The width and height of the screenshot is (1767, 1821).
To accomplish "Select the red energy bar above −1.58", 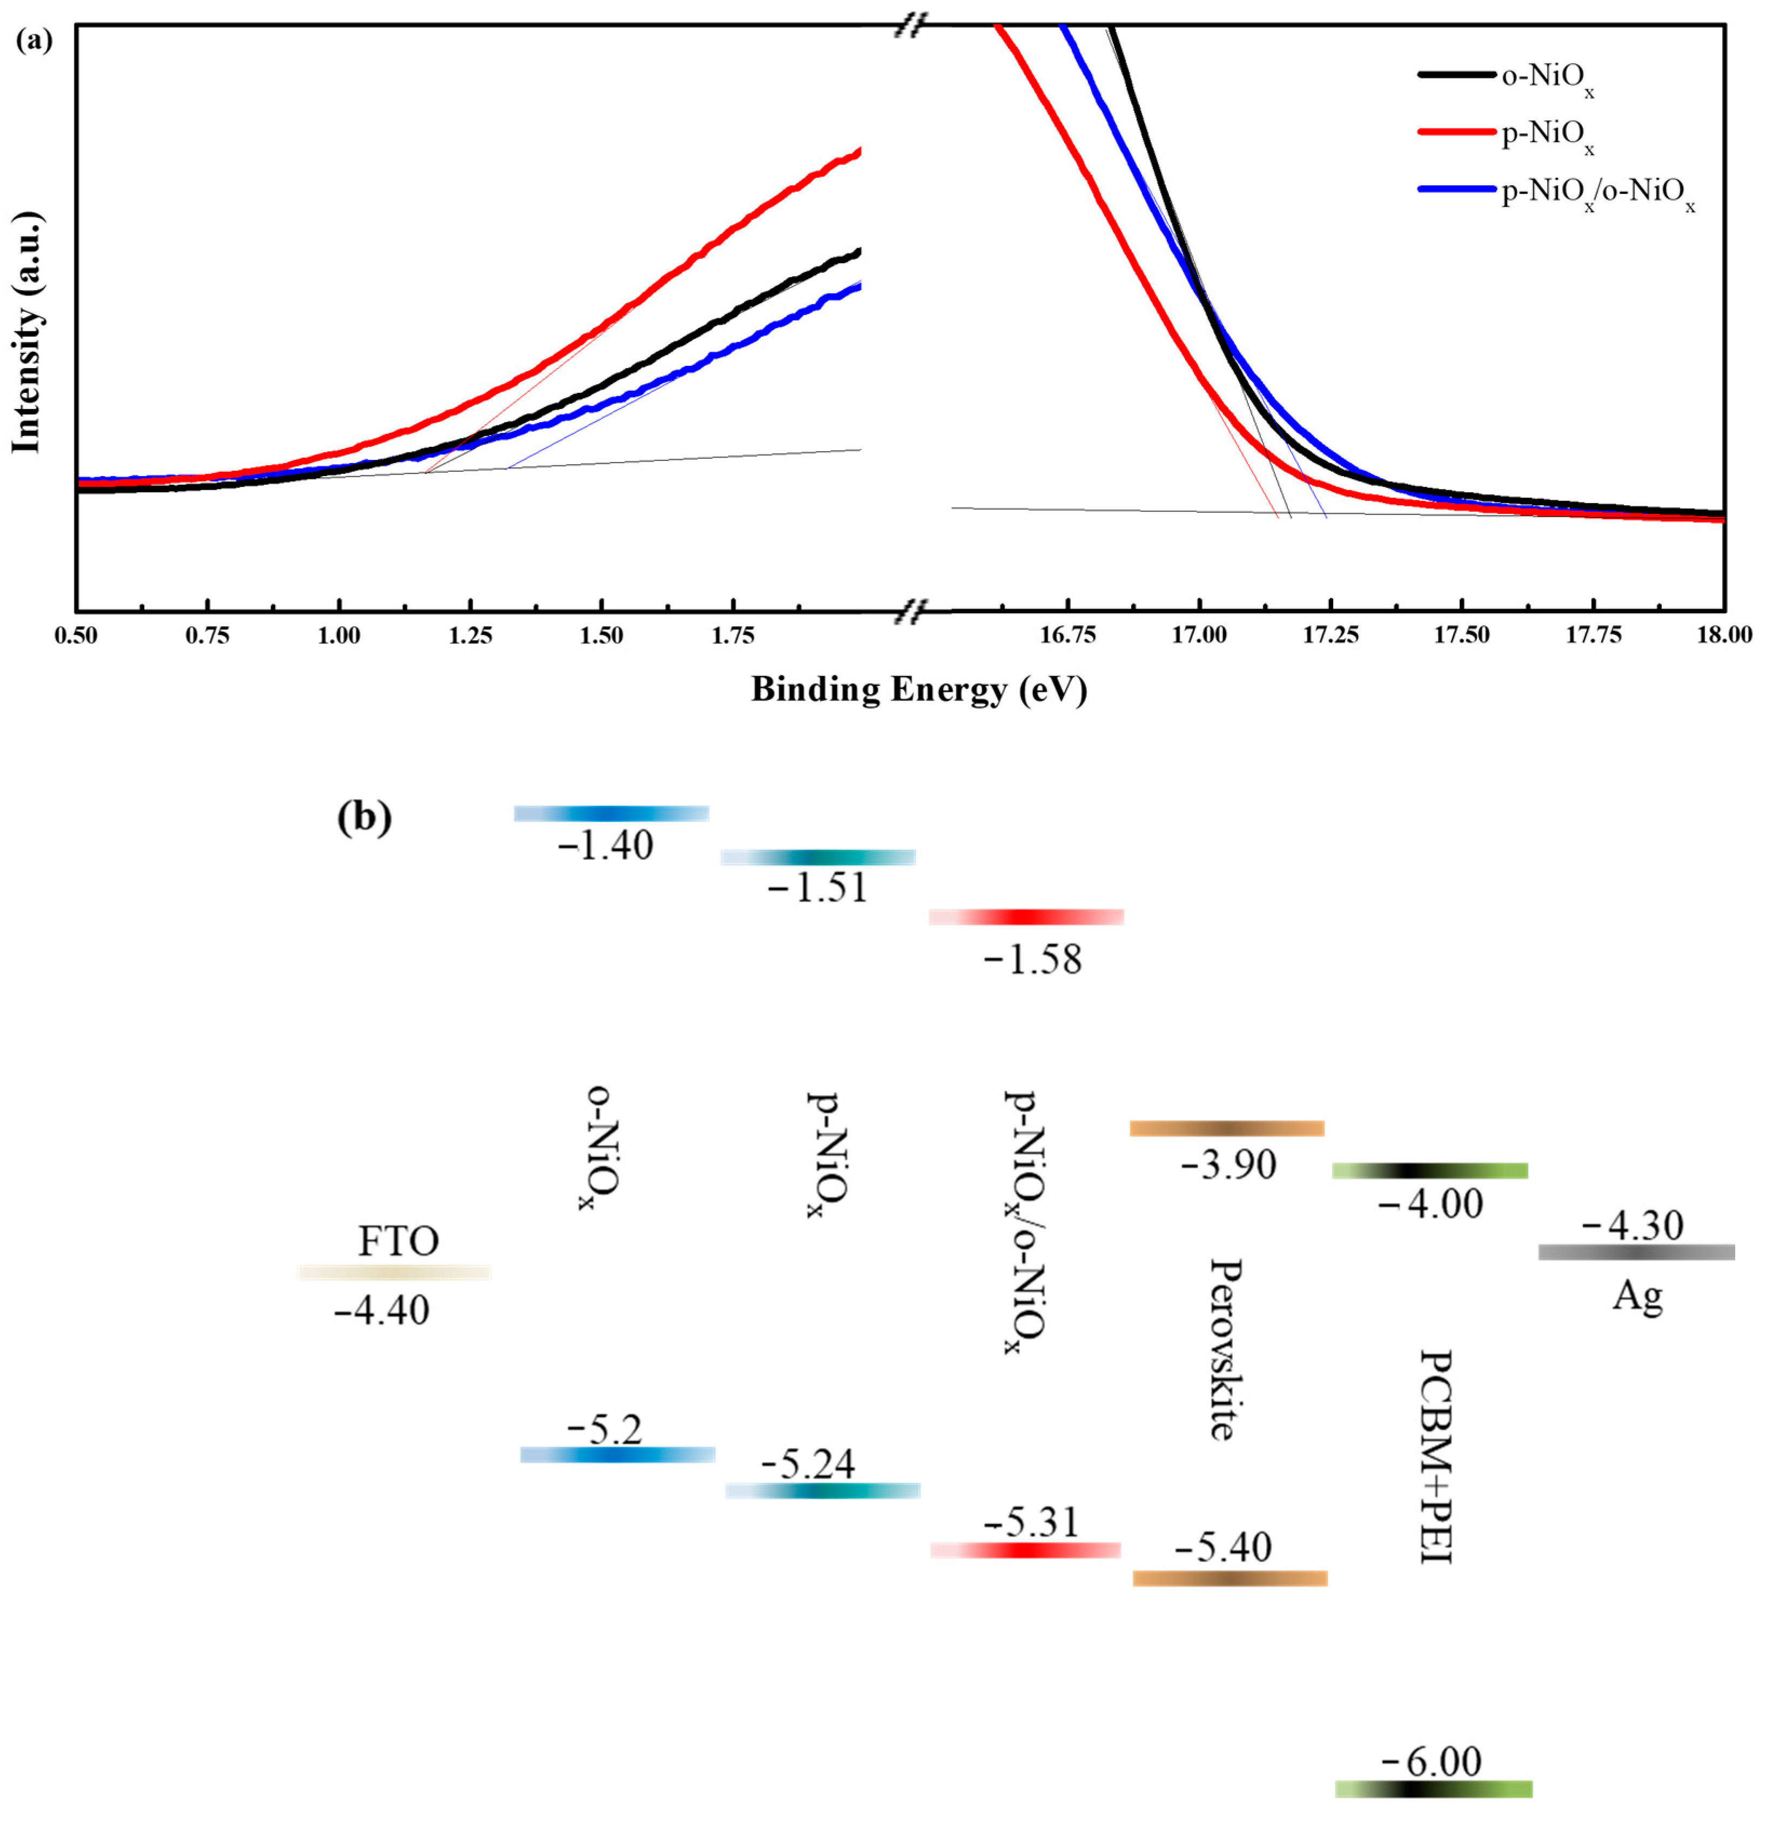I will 1026,917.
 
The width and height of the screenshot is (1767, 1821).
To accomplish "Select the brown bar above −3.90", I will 1226,1129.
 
